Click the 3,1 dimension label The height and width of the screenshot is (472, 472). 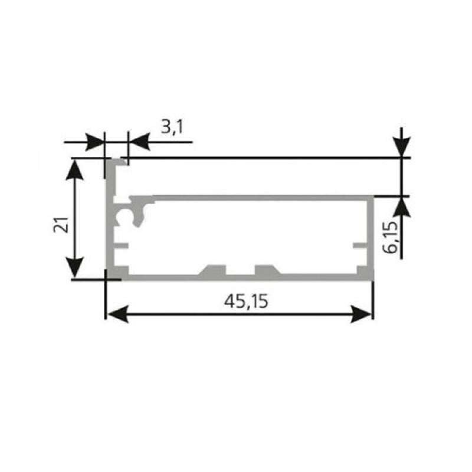click(172, 127)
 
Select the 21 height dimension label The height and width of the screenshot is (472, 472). click(61, 224)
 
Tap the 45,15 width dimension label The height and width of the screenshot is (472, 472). click(246, 301)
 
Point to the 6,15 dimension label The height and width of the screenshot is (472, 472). click(391, 238)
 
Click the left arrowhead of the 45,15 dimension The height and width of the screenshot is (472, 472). click(117, 314)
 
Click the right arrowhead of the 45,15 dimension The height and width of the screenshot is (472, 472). click(361, 314)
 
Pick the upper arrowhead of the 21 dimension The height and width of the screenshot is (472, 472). click(74, 169)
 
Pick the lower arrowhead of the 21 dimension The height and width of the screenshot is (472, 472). click(74, 267)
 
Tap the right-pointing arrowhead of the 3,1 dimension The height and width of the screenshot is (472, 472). click(94, 142)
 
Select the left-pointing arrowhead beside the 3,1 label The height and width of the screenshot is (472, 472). click(139, 142)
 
